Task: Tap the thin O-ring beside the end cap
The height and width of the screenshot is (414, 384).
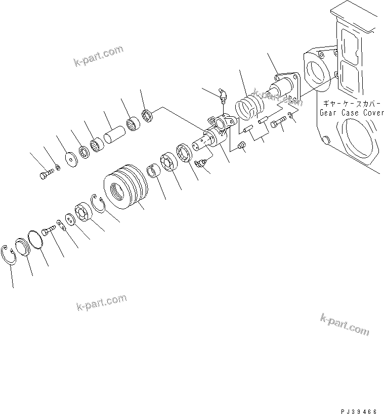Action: coord(35,239)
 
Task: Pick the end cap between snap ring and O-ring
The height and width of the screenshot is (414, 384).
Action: coord(23,246)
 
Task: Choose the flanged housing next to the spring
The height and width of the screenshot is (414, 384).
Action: coord(283,91)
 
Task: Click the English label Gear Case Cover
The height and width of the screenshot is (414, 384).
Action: coord(351,113)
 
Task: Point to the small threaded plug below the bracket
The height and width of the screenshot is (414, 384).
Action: coord(242,147)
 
